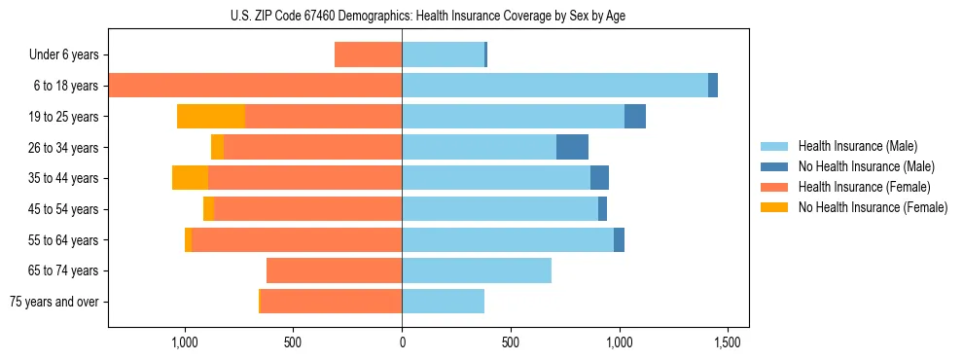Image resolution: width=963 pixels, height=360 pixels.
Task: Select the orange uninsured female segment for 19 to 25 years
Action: [211, 117]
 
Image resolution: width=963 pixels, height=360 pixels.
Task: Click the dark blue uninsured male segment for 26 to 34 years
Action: [572, 147]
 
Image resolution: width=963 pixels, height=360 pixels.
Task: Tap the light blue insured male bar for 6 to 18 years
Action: [554, 86]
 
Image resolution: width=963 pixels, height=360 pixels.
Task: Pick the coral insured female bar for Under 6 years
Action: [368, 54]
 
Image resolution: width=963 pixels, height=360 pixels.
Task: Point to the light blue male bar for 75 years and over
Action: [443, 302]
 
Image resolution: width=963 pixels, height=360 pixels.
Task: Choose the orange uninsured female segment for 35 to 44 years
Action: [190, 178]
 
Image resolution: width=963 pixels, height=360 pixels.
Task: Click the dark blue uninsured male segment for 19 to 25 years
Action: [635, 117]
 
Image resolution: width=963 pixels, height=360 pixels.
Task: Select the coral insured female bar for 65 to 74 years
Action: [334, 270]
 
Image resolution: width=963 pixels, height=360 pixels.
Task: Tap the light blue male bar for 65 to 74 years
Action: [477, 270]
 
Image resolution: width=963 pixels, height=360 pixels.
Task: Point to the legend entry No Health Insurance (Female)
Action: [873, 207]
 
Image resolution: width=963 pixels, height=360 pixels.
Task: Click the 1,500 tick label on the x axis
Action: [728, 342]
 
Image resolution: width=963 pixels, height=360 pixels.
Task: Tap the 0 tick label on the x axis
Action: [402, 342]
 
